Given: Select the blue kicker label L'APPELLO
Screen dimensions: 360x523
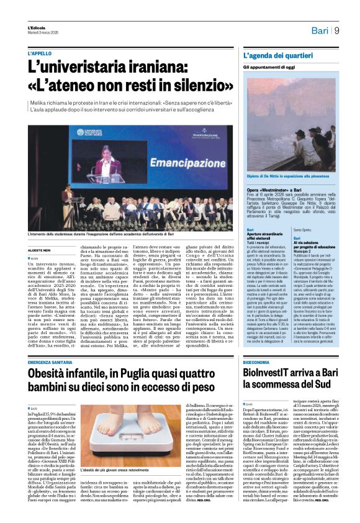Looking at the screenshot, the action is [x=40, y=53].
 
